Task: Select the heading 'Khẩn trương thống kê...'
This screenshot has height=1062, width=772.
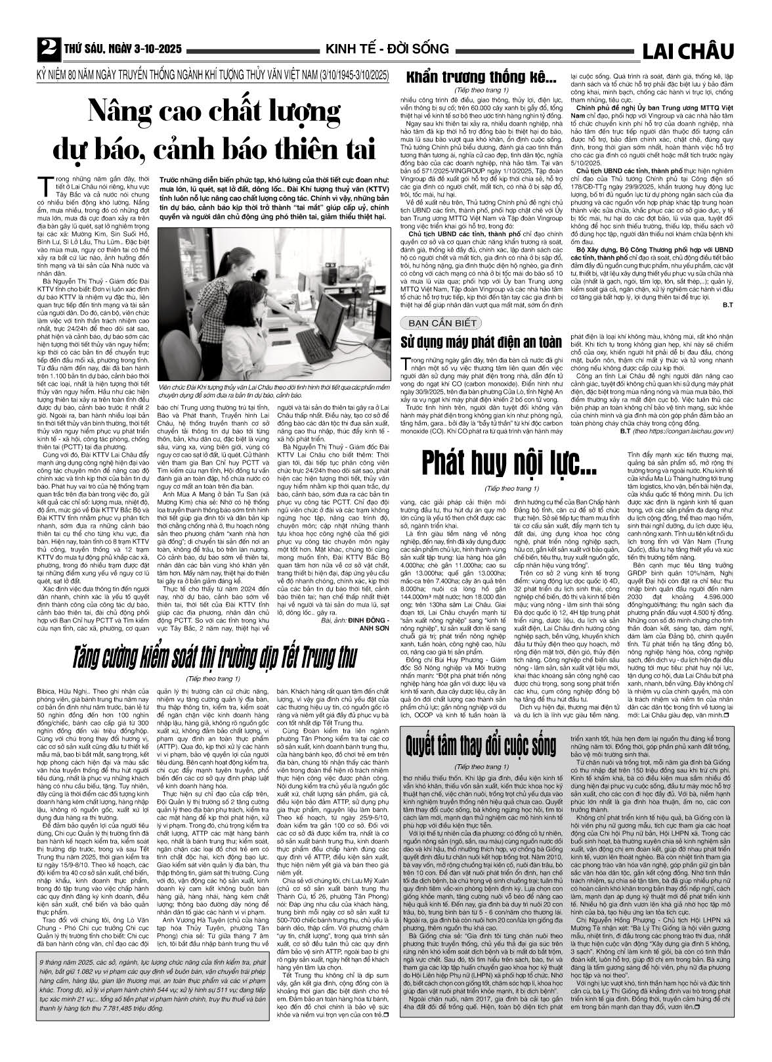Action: click(482, 78)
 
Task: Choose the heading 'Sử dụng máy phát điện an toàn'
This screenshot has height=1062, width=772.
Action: click(481, 342)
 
